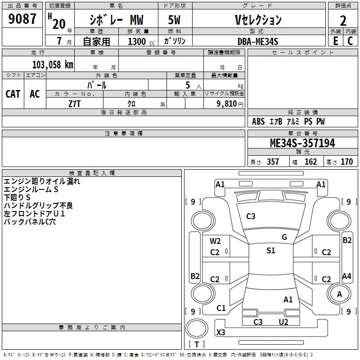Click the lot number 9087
(22, 19)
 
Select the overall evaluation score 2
(343, 20)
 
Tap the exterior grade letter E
(335, 40)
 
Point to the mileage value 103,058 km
(53, 64)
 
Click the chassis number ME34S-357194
(302, 144)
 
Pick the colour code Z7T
(75, 103)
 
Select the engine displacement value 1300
(137, 41)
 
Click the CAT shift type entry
(13, 94)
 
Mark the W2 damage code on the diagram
(215, 241)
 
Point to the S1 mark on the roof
(270, 251)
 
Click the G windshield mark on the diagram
(284, 237)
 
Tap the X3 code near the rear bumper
(221, 333)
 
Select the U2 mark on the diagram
(283, 322)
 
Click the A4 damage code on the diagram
(346, 276)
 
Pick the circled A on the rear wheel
(339, 294)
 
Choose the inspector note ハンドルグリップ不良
(38, 206)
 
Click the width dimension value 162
(310, 162)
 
